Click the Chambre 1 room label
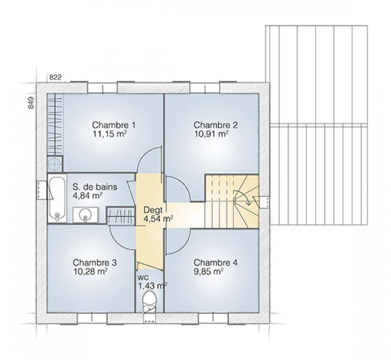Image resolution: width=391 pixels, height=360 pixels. pos(114,125)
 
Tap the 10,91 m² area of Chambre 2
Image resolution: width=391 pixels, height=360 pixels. pos(211,134)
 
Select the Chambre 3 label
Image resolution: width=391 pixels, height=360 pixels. pos(95,263)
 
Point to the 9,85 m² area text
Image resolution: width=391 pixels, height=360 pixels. pos(209,272)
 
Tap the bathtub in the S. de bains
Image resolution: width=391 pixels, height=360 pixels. pos(57,199)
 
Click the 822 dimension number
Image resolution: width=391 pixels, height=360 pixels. pos(55,77)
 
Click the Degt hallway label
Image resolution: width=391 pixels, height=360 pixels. pos(153,210)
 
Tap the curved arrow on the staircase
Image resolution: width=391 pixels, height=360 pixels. pos(243,197)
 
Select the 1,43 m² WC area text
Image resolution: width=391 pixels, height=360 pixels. pos(152,286)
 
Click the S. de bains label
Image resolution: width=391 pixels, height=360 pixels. pos(95,187)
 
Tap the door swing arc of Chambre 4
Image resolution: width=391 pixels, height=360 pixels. pos(185,245)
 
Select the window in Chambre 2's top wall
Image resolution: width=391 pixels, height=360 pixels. pos(204,88)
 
